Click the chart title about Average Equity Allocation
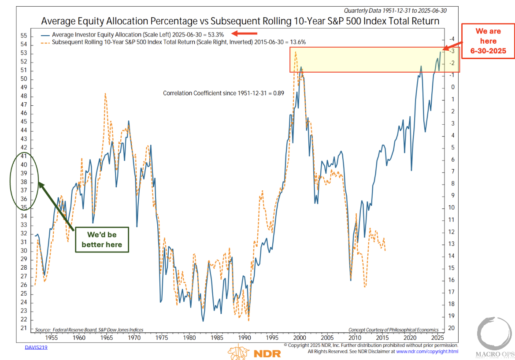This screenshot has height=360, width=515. [x=240, y=21]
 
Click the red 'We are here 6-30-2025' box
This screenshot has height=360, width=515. [x=488, y=41]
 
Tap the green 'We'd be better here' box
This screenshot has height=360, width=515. [x=102, y=240]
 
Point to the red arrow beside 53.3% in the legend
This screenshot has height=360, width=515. [x=244, y=33]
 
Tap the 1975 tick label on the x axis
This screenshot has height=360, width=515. [x=162, y=338]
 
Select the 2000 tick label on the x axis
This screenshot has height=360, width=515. [x=300, y=338]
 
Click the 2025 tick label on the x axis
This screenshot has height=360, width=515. [x=437, y=338]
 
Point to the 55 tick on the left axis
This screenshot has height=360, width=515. [x=24, y=36]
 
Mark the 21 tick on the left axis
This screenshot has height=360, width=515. [x=24, y=328]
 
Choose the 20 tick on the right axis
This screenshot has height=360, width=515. [x=451, y=328]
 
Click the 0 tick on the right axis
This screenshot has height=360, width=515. [x=451, y=87]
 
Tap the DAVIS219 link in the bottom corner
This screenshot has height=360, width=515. [x=36, y=347]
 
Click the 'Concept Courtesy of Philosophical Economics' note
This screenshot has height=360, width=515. [x=393, y=330]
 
